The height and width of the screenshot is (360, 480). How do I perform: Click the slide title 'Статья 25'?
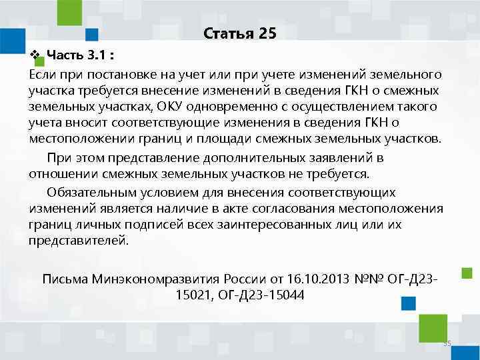pos(239,33)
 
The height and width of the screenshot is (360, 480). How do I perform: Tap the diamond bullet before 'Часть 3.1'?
pos(35,53)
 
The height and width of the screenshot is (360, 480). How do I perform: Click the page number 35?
pos(447,344)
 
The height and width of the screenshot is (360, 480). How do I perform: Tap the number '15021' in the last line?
pos(193,294)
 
